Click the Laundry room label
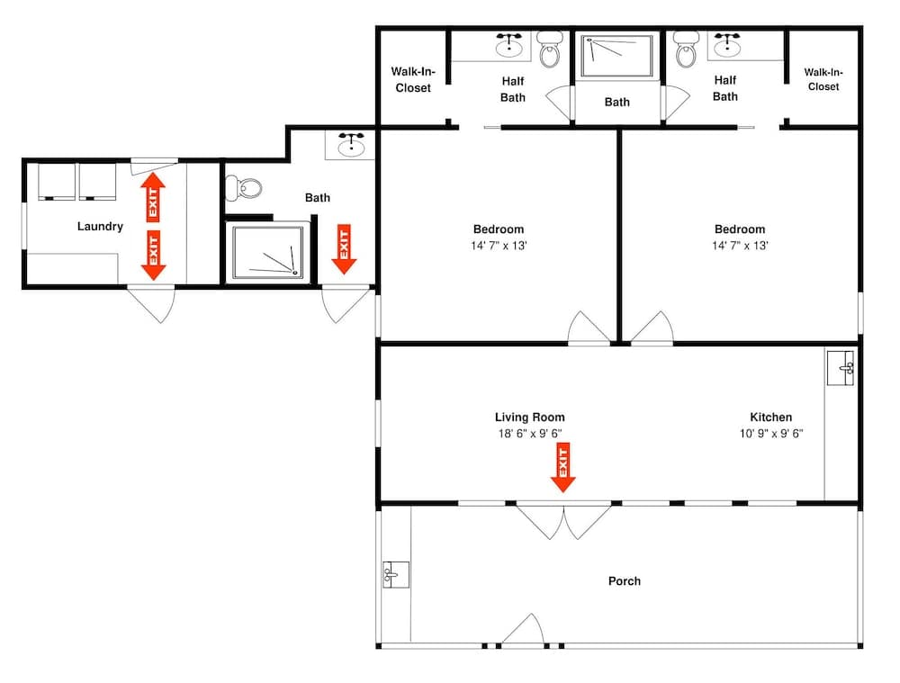coord(100,227)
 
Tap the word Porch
coord(624,581)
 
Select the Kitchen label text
coord(771,418)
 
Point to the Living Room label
coord(529,418)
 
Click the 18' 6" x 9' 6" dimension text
coord(529,434)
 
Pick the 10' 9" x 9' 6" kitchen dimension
coord(771,434)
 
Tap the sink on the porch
coord(395,574)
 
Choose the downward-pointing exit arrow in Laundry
coord(153,255)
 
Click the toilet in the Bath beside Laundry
coord(244,188)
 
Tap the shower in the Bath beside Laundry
coord(267,252)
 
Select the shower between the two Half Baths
coord(616,55)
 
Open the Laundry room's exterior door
coord(150,304)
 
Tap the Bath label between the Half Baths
coord(616,102)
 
